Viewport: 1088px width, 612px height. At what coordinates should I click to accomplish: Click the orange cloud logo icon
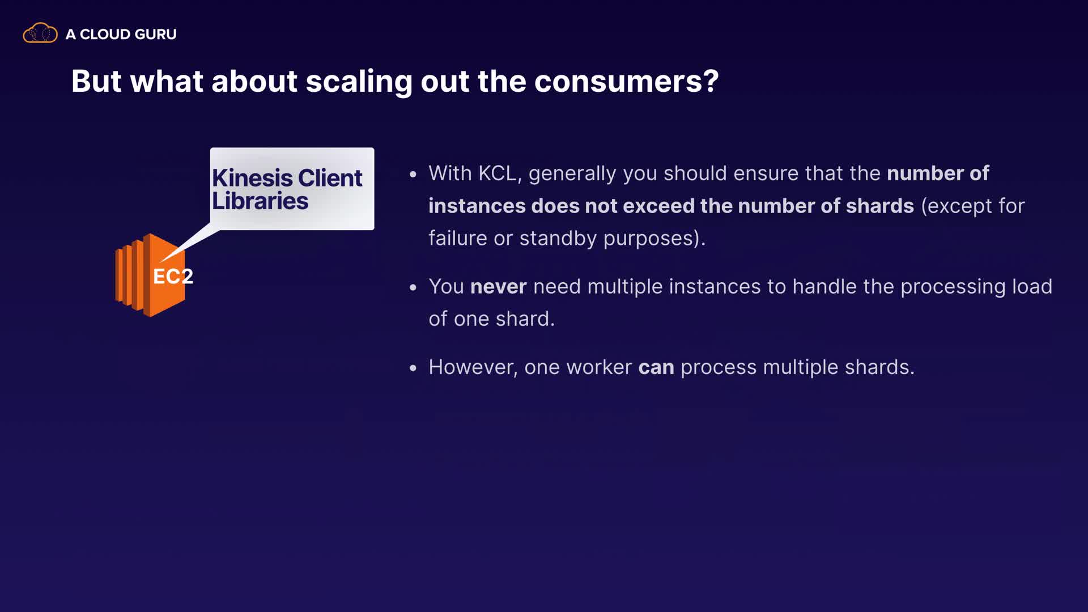(x=40, y=33)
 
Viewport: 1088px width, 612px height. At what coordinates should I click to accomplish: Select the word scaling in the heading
(x=359, y=82)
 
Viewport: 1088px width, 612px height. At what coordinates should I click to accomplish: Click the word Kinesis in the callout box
(x=252, y=178)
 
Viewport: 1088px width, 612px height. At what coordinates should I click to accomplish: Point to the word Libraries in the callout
(x=260, y=201)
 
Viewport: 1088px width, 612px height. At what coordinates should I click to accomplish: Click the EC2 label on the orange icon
(x=173, y=277)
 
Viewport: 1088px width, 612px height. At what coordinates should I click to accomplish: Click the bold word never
(x=499, y=287)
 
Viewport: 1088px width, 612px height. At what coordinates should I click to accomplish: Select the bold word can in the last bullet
(x=656, y=368)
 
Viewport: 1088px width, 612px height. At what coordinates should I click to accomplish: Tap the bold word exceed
(x=661, y=206)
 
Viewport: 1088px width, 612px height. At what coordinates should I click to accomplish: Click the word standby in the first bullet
(x=558, y=239)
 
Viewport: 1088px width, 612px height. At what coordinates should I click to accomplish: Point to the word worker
(x=599, y=367)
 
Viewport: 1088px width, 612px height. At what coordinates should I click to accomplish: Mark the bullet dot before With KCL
(x=413, y=174)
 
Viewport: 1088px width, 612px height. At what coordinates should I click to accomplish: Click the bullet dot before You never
(x=413, y=287)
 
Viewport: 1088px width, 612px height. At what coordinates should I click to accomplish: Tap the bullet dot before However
(x=413, y=368)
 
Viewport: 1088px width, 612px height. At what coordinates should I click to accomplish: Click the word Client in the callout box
(x=330, y=178)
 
